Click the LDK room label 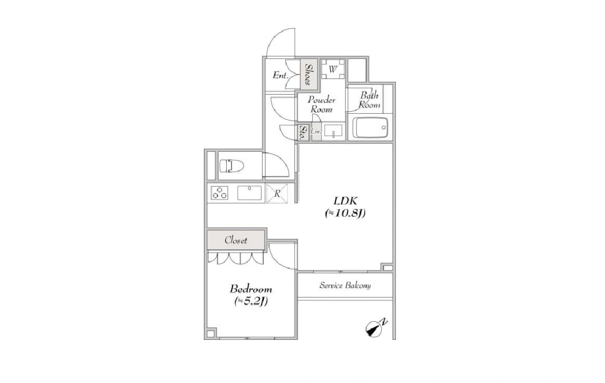pyautogui.click(x=345, y=201)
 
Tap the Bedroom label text pyautogui.click(x=251, y=289)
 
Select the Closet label pyautogui.click(x=236, y=240)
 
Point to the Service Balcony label pyautogui.click(x=345, y=285)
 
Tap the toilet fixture pyautogui.click(x=232, y=166)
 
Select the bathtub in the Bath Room pyautogui.click(x=370, y=127)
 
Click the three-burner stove pyautogui.click(x=219, y=193)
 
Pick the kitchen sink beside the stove pyautogui.click(x=249, y=193)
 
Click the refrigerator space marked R pyautogui.click(x=277, y=193)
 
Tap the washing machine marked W pyautogui.click(x=333, y=69)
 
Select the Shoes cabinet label pyautogui.click(x=308, y=74)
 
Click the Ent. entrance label pyautogui.click(x=280, y=75)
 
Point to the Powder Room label pyautogui.click(x=321, y=104)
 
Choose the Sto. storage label pyautogui.click(x=304, y=133)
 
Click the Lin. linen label pyautogui.click(x=316, y=131)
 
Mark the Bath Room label pyautogui.click(x=370, y=100)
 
